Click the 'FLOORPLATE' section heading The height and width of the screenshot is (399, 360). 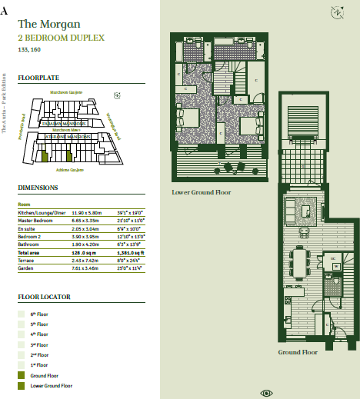[39, 78]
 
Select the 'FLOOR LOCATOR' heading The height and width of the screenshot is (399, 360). [45, 297]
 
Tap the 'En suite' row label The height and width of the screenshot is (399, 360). [27, 228]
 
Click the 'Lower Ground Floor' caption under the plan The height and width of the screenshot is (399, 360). [202, 192]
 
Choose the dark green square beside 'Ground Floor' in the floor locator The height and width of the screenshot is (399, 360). [22, 374]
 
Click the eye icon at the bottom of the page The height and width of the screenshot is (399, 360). [267, 393]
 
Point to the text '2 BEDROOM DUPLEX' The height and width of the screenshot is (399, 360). [61, 38]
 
